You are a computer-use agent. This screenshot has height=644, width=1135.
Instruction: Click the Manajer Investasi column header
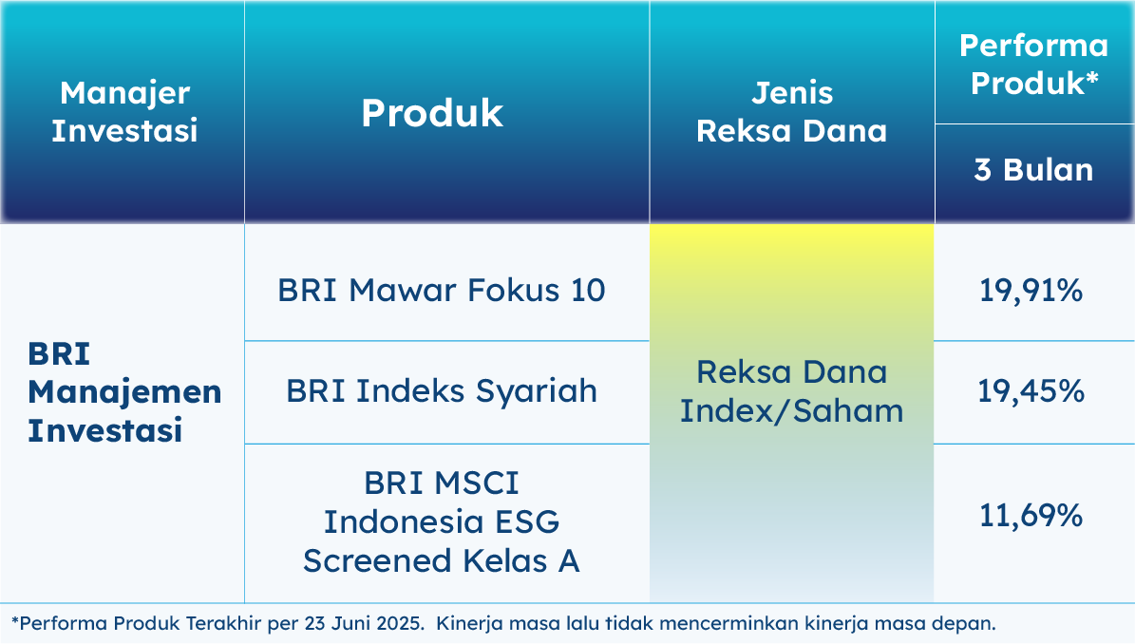click(124, 112)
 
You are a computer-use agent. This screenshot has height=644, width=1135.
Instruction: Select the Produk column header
click(432, 113)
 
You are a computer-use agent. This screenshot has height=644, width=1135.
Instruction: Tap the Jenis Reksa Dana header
click(792, 112)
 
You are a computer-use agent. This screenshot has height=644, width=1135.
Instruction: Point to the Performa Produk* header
click(1033, 65)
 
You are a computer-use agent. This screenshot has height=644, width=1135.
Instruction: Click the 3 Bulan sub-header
click(1033, 170)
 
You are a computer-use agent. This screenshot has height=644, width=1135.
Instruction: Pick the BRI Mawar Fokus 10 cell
click(442, 290)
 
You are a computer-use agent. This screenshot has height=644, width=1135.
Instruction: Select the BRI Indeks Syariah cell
click(442, 391)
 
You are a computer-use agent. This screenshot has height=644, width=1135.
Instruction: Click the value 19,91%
click(1031, 291)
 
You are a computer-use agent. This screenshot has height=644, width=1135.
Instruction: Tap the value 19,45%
click(1031, 391)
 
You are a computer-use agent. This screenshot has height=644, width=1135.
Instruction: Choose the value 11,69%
click(1031, 516)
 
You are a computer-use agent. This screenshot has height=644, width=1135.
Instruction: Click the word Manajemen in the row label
click(124, 392)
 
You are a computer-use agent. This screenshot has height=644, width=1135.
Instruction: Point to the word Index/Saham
click(792, 411)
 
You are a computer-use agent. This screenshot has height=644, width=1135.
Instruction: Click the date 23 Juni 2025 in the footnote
click(364, 623)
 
